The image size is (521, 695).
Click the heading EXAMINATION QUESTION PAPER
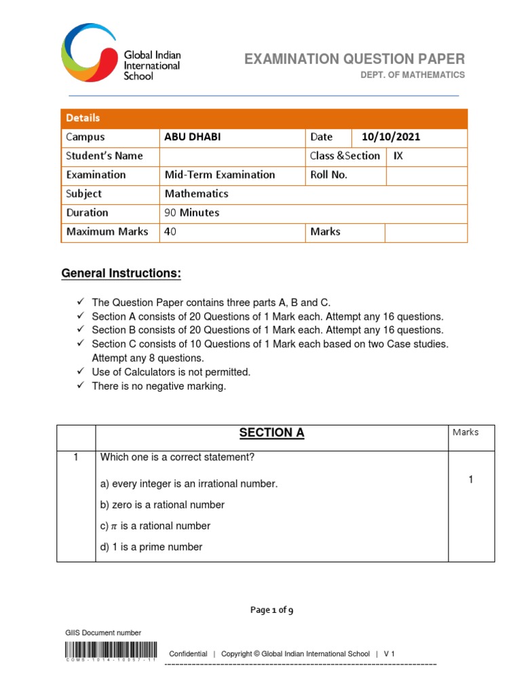355,59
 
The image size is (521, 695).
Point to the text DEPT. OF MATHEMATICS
412,75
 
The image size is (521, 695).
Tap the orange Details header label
83,118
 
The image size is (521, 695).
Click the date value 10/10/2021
391,137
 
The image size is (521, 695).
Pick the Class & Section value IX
398,156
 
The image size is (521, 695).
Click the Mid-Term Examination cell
220,175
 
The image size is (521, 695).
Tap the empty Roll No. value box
426,175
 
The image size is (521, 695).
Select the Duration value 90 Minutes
192,213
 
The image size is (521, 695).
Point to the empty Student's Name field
231,156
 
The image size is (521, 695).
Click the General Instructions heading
121,274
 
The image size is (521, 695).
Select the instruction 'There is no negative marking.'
159,387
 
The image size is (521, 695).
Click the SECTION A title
271,434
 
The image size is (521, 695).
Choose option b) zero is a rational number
162,505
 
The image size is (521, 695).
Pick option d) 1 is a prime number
151,547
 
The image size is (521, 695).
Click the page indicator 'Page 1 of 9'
271,610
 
